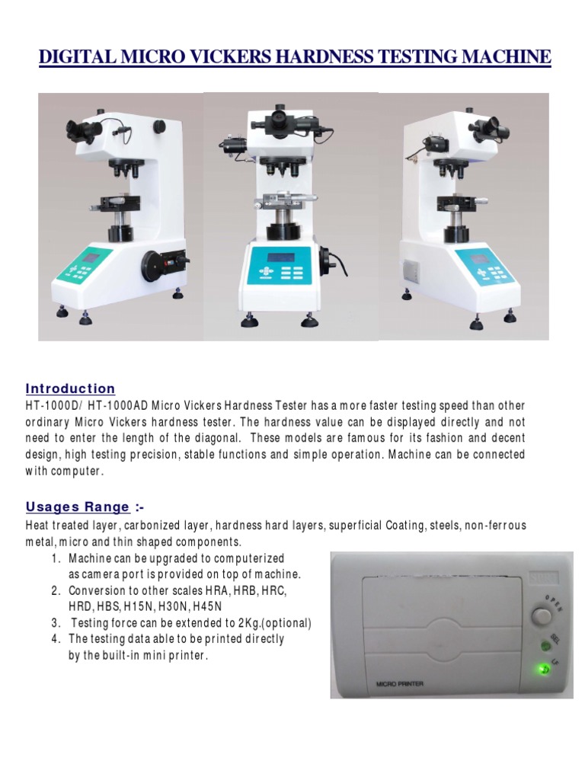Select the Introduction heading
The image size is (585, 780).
point(70,388)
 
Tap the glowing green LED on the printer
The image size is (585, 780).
point(542,670)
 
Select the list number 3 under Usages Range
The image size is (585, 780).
point(56,623)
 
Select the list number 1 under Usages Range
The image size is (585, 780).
point(56,558)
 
